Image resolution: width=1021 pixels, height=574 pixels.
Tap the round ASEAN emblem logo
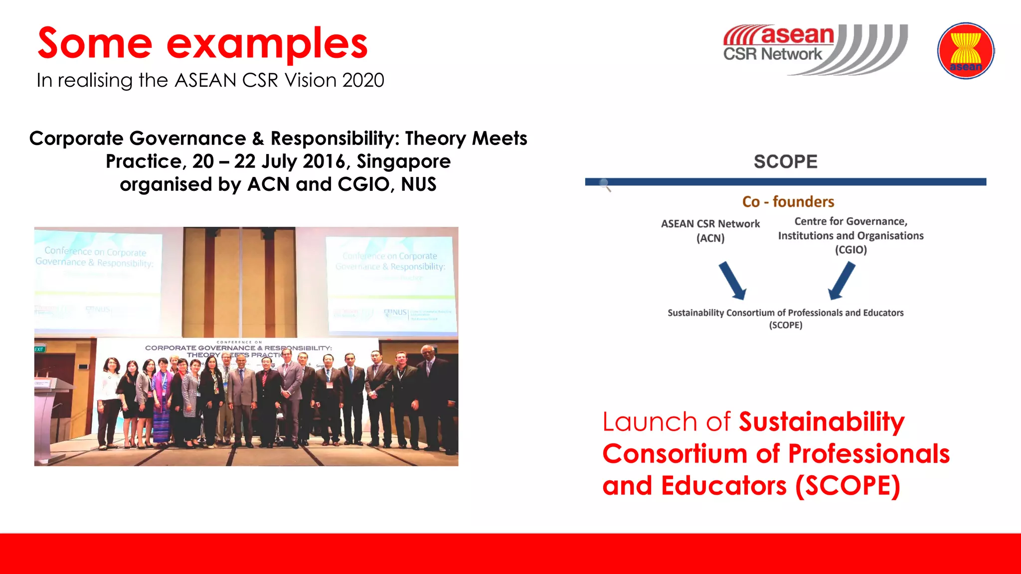pyautogui.click(x=966, y=50)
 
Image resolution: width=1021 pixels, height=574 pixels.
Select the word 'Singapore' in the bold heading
pyautogui.click(x=403, y=161)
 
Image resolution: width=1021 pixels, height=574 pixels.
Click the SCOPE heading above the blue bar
pyautogui.click(x=785, y=161)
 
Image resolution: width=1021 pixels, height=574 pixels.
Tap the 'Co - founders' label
pyautogui.click(x=788, y=202)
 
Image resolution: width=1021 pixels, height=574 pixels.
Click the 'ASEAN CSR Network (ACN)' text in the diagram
pyautogui.click(x=710, y=231)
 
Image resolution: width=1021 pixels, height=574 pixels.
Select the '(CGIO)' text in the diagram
pyautogui.click(x=851, y=250)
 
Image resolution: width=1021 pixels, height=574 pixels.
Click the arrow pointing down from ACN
pyautogui.click(x=732, y=281)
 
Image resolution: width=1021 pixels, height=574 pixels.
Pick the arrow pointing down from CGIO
pyautogui.click(x=842, y=281)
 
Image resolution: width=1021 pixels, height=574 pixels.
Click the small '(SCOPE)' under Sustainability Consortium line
pyautogui.click(x=785, y=325)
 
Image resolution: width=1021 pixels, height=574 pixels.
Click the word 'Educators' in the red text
pyautogui.click(x=723, y=486)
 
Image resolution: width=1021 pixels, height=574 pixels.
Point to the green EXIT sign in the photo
pyautogui.click(x=39, y=349)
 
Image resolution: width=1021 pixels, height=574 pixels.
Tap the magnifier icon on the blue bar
pyautogui.click(x=605, y=185)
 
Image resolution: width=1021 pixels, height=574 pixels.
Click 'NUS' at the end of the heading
pyautogui.click(x=418, y=184)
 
